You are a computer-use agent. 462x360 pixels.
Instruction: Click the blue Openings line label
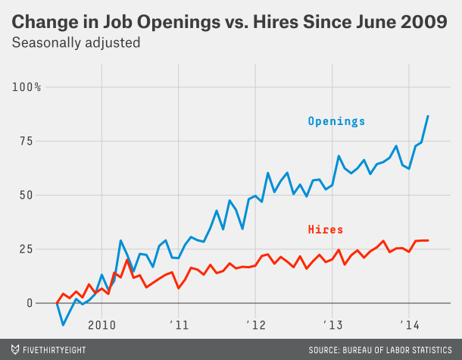click(336, 121)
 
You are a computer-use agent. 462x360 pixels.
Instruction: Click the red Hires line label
click(326, 229)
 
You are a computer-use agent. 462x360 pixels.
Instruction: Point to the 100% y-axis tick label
click(27, 87)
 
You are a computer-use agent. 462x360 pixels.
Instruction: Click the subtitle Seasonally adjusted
click(76, 42)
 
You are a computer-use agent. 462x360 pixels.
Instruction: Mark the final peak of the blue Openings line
click(428, 116)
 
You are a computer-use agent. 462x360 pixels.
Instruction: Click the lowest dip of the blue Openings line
click(64, 324)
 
